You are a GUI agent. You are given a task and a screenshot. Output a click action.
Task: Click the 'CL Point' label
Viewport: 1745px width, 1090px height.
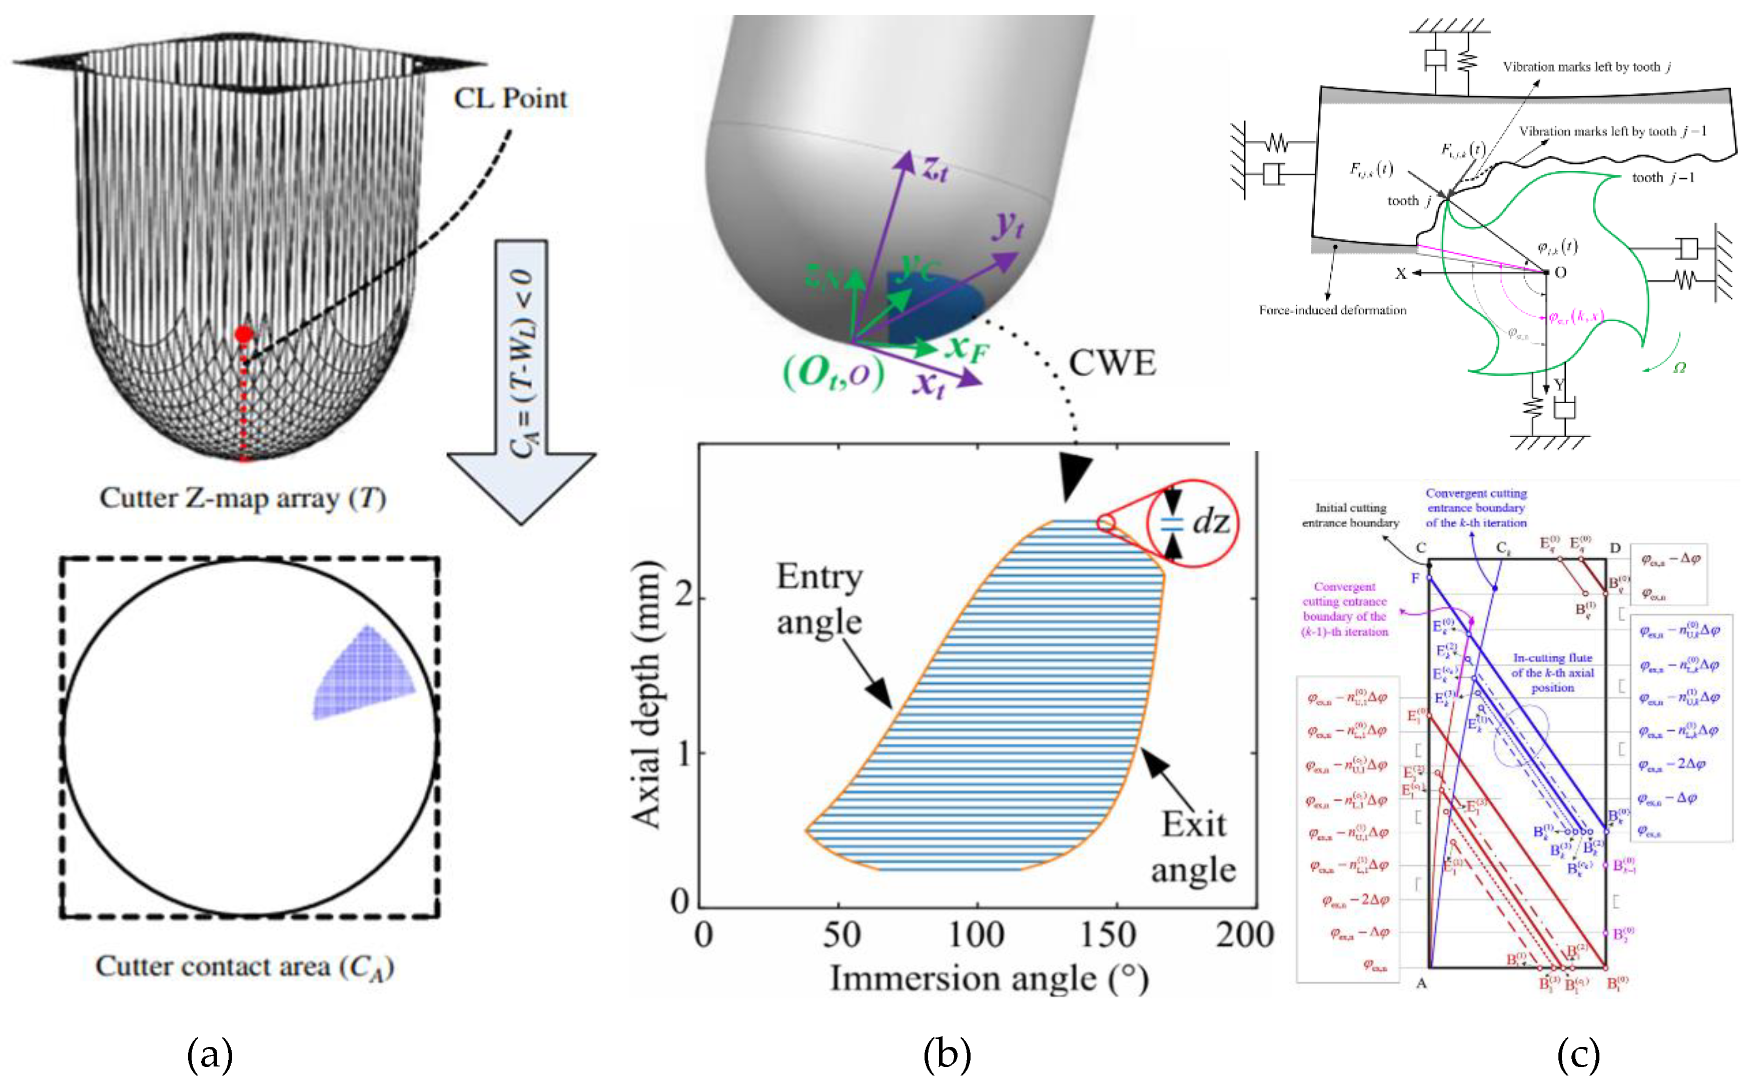click(510, 99)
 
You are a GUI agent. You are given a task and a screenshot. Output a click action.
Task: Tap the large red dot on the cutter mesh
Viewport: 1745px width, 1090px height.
click(244, 335)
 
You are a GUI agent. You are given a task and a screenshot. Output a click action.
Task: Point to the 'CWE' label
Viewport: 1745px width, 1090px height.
click(1112, 363)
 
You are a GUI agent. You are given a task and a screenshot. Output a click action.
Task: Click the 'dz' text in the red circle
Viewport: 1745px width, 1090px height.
click(1210, 521)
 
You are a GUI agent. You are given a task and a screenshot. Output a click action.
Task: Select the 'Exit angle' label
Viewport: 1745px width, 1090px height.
click(1193, 846)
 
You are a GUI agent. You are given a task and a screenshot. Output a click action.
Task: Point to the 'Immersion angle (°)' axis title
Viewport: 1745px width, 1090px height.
click(989, 979)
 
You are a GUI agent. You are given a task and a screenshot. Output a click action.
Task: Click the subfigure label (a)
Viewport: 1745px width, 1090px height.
click(210, 1054)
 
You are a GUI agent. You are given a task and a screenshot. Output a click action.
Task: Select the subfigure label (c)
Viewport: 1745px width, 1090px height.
click(1578, 1054)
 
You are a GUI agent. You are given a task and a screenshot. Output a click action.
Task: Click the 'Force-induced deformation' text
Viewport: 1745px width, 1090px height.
click(1332, 310)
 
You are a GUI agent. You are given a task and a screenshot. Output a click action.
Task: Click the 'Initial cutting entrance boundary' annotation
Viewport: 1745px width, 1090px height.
click(1350, 515)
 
